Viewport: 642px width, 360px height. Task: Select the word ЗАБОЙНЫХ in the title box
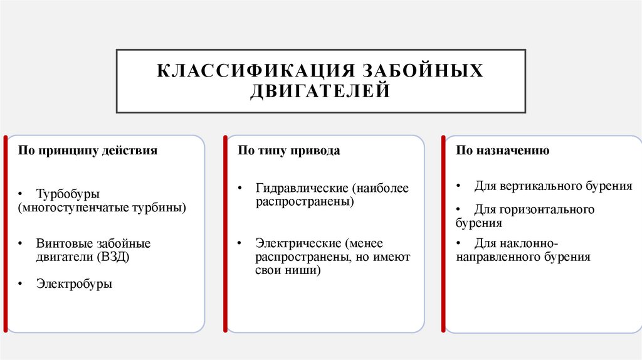click(419, 71)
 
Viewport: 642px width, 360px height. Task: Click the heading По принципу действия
click(87, 151)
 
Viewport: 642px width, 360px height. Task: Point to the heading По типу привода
click(289, 151)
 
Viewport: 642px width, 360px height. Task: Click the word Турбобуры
click(68, 194)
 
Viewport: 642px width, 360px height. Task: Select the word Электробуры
click(74, 284)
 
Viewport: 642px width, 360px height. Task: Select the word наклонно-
click(529, 243)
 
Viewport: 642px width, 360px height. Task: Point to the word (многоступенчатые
click(70, 207)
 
